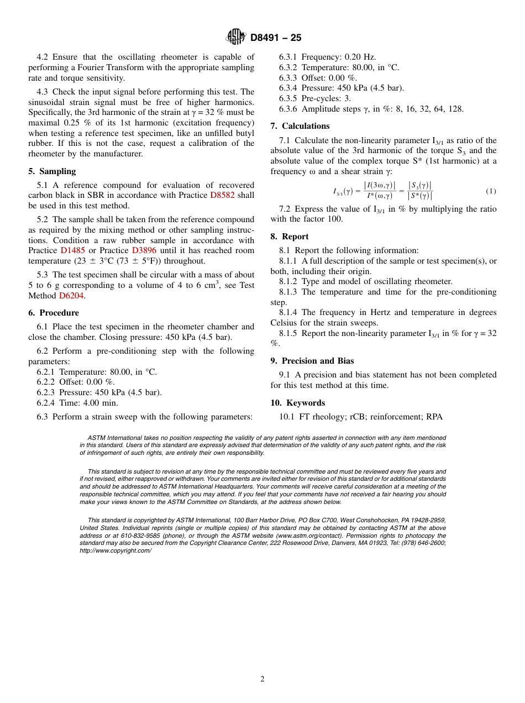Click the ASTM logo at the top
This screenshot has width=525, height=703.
pyautogui.click(x=236, y=37)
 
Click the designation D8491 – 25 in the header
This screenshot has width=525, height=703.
pyautogui.click(x=276, y=38)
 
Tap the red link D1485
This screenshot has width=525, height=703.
pyautogui.click(x=72, y=250)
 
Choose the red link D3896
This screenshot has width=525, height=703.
pyautogui.click(x=144, y=250)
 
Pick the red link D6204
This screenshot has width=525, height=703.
pyautogui.click(x=71, y=296)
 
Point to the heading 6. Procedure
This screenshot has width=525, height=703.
pyautogui.click(x=55, y=313)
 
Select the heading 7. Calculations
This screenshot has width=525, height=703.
pyautogui.click(x=300, y=126)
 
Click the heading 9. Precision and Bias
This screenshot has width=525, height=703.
pyautogui.click(x=312, y=361)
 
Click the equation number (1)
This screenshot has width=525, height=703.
pyautogui.click(x=491, y=191)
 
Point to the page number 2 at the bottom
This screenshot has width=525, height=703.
pyautogui.click(x=262, y=679)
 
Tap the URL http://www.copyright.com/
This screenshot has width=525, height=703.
pyautogui.click(x=115, y=550)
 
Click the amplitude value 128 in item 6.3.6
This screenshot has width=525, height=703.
pyautogui.click(x=456, y=109)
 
